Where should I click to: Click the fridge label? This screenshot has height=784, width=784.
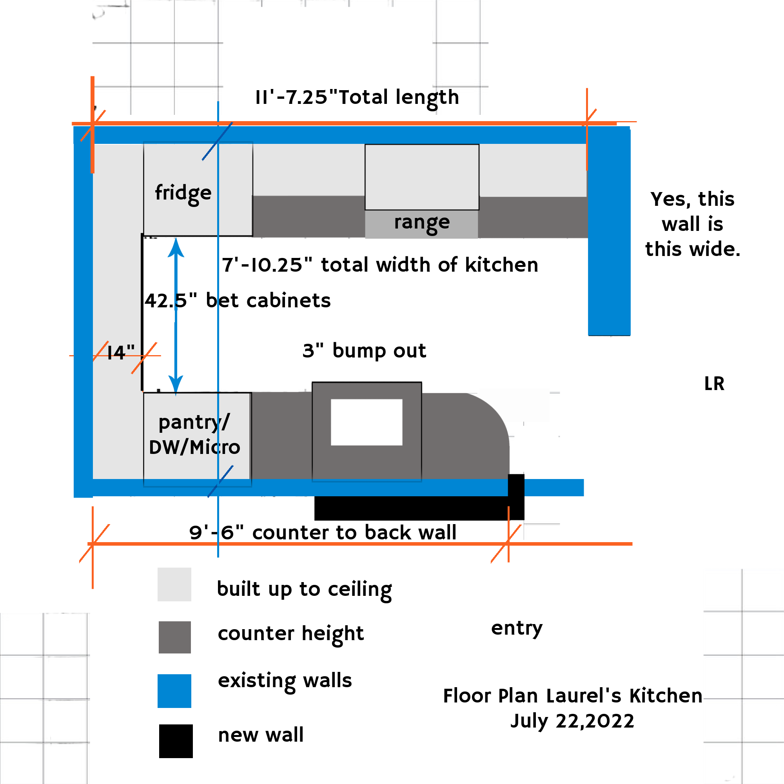pyautogui.click(x=183, y=193)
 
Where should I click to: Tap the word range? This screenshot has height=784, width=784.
pyautogui.click(x=422, y=222)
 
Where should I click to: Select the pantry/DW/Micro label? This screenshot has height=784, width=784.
pyautogui.click(x=194, y=435)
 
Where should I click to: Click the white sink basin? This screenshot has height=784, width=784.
pyautogui.click(x=367, y=422)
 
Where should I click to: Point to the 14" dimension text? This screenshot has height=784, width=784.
pyautogui.click(x=120, y=353)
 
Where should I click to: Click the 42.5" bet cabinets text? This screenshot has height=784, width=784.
pyautogui.click(x=238, y=301)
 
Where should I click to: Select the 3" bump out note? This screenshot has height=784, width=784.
pyautogui.click(x=364, y=350)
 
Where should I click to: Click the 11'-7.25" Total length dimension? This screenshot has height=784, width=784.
pyautogui.click(x=357, y=97)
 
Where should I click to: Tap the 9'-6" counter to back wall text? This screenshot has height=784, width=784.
pyautogui.click(x=323, y=532)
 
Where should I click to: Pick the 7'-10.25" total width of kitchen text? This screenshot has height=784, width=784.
pyautogui.click(x=380, y=265)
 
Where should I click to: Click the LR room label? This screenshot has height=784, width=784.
pyautogui.click(x=714, y=383)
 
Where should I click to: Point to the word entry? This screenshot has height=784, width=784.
pyautogui.click(x=517, y=628)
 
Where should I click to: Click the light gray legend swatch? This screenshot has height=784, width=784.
pyautogui.click(x=174, y=584)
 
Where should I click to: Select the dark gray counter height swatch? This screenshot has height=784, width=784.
pyautogui.click(x=174, y=637)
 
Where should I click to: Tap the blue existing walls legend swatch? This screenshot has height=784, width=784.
pyautogui.click(x=174, y=691)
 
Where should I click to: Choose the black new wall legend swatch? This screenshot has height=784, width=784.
pyautogui.click(x=176, y=741)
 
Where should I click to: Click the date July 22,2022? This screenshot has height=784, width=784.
pyautogui.click(x=572, y=721)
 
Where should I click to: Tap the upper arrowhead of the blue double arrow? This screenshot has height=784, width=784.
pyautogui.click(x=176, y=247)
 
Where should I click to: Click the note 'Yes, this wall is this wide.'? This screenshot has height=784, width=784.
pyautogui.click(x=692, y=224)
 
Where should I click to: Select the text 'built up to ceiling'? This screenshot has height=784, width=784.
pyautogui.click(x=304, y=589)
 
